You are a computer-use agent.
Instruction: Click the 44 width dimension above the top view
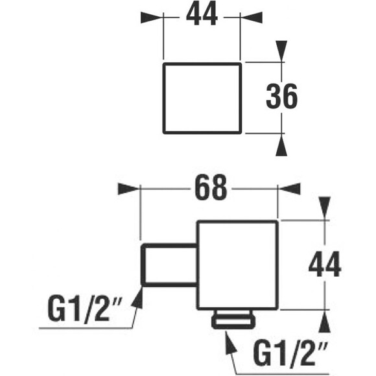pyautogui.click(x=202, y=14)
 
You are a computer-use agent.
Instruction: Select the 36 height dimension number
pyautogui.click(x=281, y=96)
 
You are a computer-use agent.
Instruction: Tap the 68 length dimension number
pyautogui.click(x=211, y=188)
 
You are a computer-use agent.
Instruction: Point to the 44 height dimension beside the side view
pyautogui.click(x=324, y=264)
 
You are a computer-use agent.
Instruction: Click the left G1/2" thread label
pyautogui.click(x=85, y=309)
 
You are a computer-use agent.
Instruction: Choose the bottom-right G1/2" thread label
pyautogui.click(x=290, y=354)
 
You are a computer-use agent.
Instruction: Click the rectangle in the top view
pyautogui.click(x=202, y=98)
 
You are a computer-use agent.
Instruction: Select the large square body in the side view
pyautogui.click(x=237, y=265)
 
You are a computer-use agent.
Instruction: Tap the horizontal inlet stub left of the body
pyautogui.click(x=169, y=265)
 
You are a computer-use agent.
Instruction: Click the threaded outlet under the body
pyautogui.click(x=233, y=320)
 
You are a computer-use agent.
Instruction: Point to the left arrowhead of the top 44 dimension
pyautogui.click(x=152, y=18)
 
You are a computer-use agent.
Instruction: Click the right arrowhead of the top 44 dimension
pyautogui.click(x=251, y=18)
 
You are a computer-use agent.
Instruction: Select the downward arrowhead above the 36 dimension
pyautogui.click(x=281, y=51)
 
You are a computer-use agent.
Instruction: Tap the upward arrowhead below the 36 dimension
pyautogui.click(x=281, y=145)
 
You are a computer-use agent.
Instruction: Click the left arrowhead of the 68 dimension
pyautogui.click(x=129, y=189)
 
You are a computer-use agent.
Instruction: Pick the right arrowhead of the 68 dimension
pyautogui.click(x=289, y=189)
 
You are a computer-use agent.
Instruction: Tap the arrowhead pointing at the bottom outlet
pyautogui.click(x=231, y=342)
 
